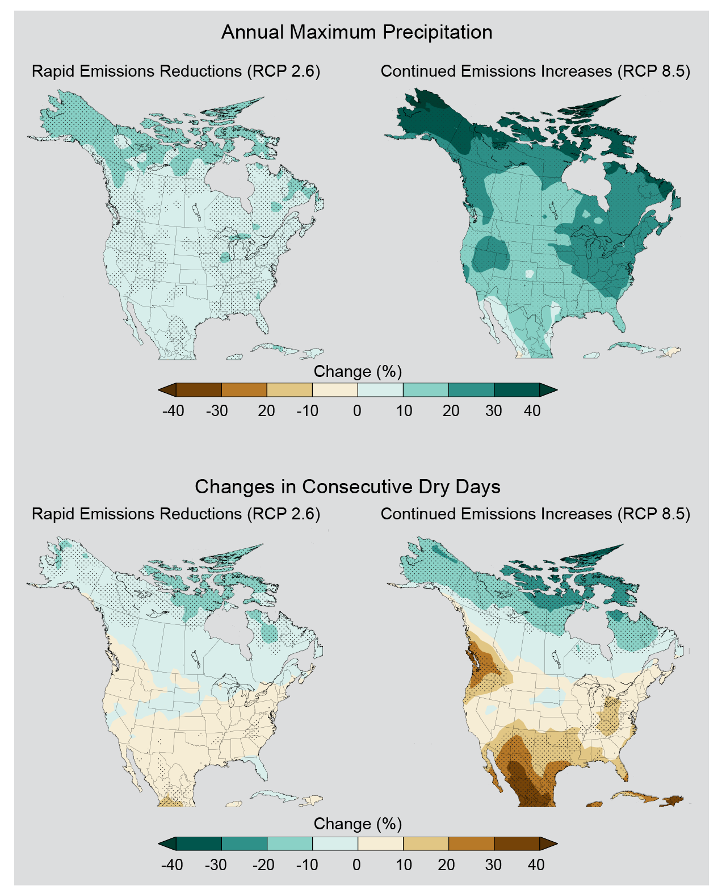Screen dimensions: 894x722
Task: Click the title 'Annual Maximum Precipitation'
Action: click(x=356, y=32)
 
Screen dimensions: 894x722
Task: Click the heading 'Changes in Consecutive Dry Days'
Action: click(x=347, y=486)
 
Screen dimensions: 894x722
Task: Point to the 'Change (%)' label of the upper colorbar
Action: click(x=358, y=371)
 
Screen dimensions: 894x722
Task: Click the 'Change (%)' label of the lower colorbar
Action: click(x=358, y=824)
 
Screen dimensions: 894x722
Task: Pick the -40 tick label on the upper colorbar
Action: click(x=173, y=410)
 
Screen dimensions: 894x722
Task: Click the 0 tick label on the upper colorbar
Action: click(x=357, y=410)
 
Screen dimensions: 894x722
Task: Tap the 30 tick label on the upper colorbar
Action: click(x=493, y=410)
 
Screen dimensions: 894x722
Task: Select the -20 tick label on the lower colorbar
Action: click(x=263, y=864)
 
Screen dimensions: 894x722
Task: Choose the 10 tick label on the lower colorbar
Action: click(x=404, y=864)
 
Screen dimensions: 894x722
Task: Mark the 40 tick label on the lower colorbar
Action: click(x=536, y=864)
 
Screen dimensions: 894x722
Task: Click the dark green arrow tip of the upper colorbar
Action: click(x=548, y=390)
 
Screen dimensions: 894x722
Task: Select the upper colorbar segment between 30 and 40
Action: click(x=516, y=390)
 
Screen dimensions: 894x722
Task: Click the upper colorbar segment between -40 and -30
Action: click(x=199, y=390)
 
